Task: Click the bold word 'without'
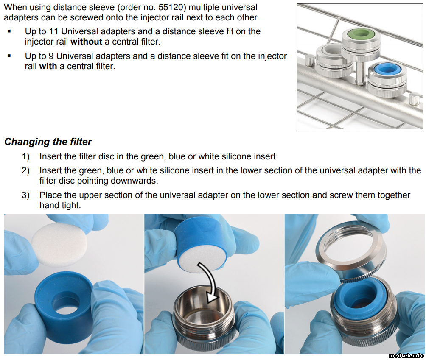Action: coord(87,42)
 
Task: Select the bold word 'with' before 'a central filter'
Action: coord(48,66)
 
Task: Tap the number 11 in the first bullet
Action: coord(53,31)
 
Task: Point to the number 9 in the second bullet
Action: coord(51,56)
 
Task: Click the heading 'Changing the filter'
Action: coord(48,142)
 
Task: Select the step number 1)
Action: coord(26,156)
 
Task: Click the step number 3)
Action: coord(26,195)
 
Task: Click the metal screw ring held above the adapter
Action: coord(351,251)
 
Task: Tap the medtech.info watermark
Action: coord(406,355)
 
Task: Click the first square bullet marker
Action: coord(9,31)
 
